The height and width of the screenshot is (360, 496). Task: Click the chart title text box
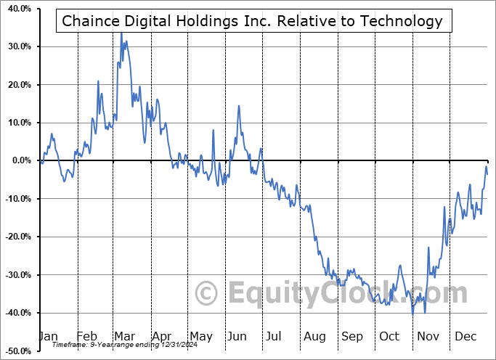(251, 21)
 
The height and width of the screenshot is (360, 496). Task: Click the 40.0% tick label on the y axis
(17, 9)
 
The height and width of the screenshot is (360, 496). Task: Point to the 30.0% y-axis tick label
(17, 46)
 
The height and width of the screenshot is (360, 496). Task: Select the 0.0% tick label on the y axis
(19, 160)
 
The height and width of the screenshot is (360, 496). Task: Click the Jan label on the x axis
(47, 337)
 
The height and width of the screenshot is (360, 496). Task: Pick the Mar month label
(124, 337)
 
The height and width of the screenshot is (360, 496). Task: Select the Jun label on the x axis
(237, 337)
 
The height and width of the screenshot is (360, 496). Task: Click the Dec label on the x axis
(465, 337)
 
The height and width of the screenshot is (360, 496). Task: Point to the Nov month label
(428, 337)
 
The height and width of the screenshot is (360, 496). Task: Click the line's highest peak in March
(121, 33)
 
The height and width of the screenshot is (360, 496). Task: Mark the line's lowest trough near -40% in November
(412, 314)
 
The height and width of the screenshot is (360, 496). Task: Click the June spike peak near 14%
(239, 106)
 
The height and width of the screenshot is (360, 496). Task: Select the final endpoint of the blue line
(487, 173)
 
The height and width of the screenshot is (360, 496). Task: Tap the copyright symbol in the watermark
(208, 294)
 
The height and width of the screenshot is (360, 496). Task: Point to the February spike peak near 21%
(98, 81)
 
